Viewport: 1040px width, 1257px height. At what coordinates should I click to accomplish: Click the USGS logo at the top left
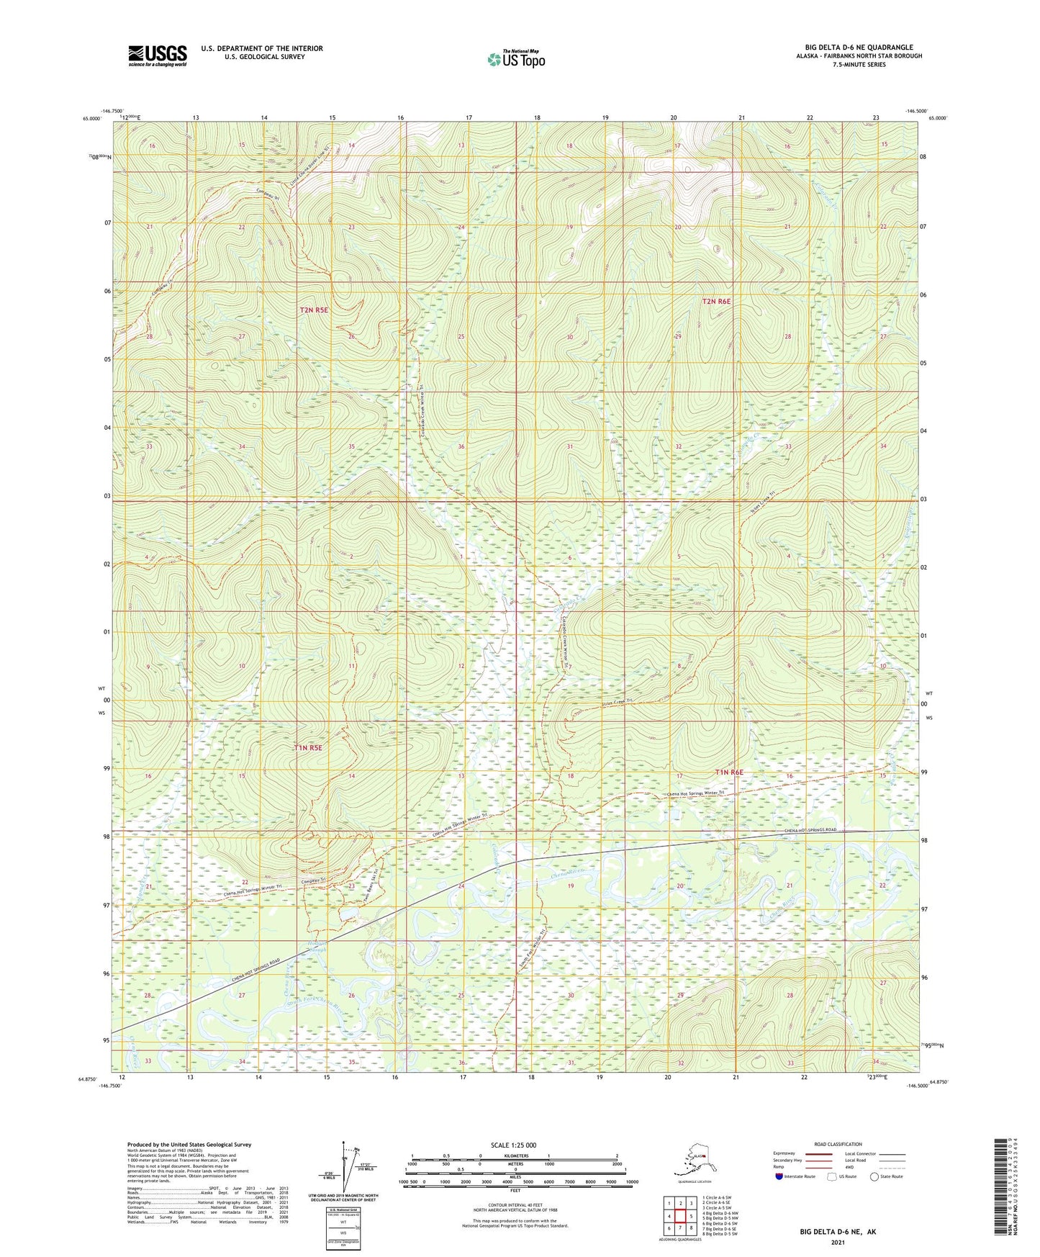coord(157,55)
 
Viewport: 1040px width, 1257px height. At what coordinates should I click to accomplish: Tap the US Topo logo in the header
coord(515,59)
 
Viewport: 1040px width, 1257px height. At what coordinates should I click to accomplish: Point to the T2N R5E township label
coord(314,310)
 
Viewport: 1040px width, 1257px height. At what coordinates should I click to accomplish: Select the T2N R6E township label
coord(716,302)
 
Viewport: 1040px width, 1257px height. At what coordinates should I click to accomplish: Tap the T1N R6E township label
coord(728,772)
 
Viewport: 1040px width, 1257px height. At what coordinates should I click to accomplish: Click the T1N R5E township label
coord(308,748)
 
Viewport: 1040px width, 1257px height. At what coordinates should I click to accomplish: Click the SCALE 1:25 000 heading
coord(514,1145)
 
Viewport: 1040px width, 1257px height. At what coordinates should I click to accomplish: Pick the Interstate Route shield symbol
coord(779,1177)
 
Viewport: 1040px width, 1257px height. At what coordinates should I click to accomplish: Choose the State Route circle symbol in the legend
coord(874,1177)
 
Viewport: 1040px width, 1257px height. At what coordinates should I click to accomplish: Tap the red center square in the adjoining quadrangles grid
coord(680,1216)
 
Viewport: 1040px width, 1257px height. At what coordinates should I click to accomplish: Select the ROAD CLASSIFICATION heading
coord(838,1144)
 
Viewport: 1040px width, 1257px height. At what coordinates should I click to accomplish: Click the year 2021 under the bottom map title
coord(837,1242)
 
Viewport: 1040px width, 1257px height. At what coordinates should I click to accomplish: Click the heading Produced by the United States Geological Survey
coord(189,1144)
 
